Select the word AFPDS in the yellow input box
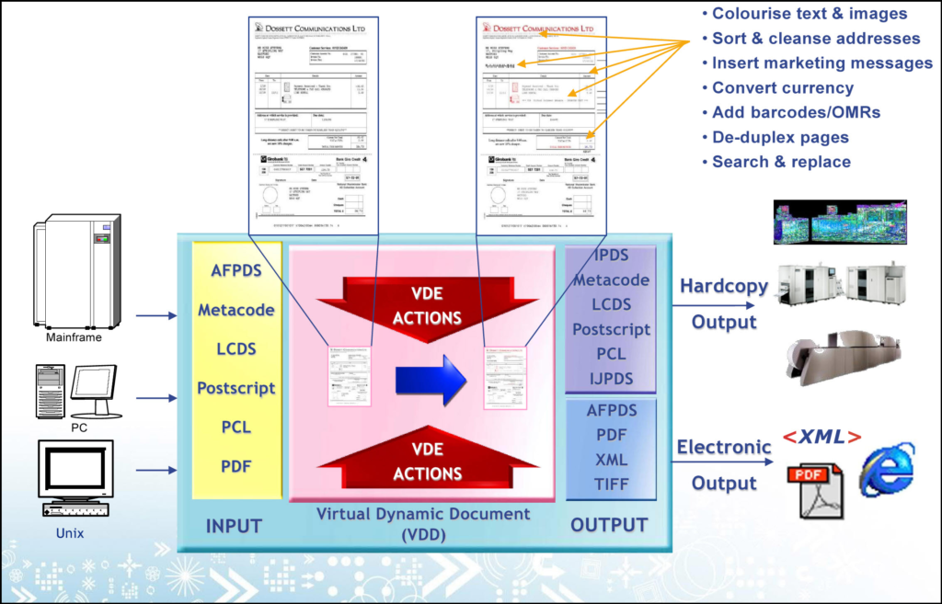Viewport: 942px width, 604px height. [x=236, y=270]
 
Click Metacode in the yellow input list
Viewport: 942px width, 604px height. [x=236, y=310]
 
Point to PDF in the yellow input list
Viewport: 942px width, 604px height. [x=236, y=467]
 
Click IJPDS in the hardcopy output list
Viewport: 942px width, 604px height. [x=611, y=378]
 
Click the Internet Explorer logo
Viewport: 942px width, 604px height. [x=887, y=470]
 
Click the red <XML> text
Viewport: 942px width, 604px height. [x=821, y=438]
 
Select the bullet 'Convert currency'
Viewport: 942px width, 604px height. [x=783, y=88]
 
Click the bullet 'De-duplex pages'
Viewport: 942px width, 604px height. [x=780, y=137]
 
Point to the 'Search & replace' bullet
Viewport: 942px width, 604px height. [x=781, y=162]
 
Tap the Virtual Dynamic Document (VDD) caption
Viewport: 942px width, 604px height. [x=423, y=523]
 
